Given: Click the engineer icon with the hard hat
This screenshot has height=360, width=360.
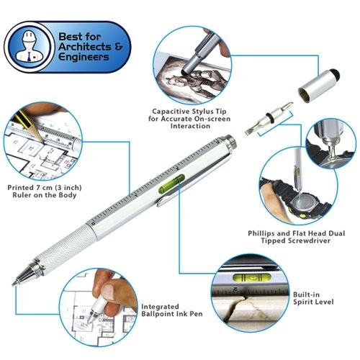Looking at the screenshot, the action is [x=30, y=47].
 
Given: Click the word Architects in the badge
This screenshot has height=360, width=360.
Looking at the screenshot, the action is [x=85, y=47].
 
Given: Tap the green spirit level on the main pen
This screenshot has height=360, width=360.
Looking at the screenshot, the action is [x=171, y=184].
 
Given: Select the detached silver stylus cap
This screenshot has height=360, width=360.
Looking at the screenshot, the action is [x=319, y=86].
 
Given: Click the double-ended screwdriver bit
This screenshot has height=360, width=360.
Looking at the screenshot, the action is [x=269, y=118].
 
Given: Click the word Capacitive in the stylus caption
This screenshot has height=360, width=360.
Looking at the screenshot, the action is [x=171, y=112].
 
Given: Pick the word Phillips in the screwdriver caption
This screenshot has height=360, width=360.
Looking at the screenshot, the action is [x=261, y=233].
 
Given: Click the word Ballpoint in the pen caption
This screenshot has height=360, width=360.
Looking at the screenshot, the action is [x=158, y=314].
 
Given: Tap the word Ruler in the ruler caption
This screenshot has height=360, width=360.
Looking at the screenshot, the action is [x=22, y=194].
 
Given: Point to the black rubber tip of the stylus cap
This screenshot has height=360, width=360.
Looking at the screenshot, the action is [x=336, y=74].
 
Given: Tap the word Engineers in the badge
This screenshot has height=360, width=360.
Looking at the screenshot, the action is [x=84, y=58].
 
